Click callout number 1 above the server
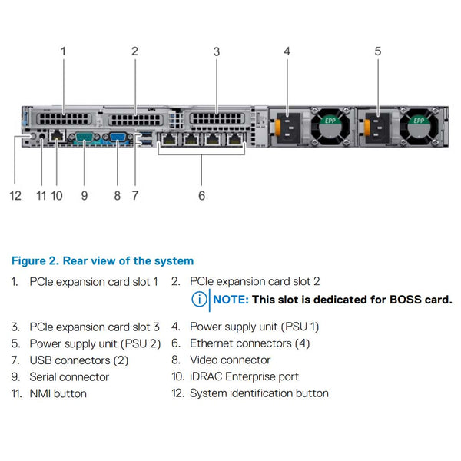pyautogui.click(x=63, y=51)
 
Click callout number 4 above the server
pyautogui.click(x=287, y=51)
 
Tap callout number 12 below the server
pyautogui.click(x=15, y=195)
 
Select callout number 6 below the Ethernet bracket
pyautogui.click(x=201, y=195)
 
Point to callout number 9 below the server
pyautogui.click(x=85, y=195)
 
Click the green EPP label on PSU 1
pyautogui.click(x=329, y=120)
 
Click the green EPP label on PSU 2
pyautogui.click(x=420, y=120)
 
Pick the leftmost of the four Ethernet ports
pyautogui.click(x=168, y=141)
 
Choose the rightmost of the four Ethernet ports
pyautogui.click(x=234, y=141)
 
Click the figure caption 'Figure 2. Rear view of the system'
pyautogui.click(x=102, y=261)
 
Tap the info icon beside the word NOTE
pyautogui.click(x=199, y=300)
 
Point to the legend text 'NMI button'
pyautogui.click(x=58, y=393)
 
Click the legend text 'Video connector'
pyautogui.click(x=230, y=360)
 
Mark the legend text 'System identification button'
pyautogui.click(x=259, y=393)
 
